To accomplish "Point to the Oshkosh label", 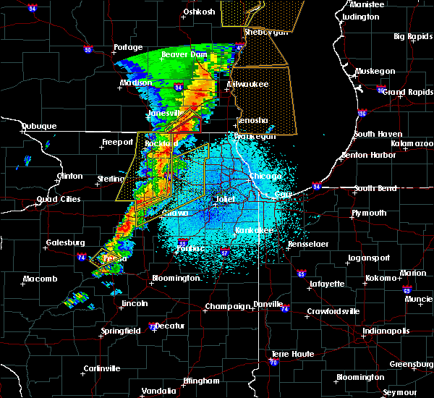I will (200, 12).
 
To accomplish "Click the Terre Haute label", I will (286, 354).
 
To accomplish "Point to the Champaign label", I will (226, 307).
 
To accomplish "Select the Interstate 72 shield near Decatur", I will (150, 326).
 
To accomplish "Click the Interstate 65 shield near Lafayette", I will (301, 274).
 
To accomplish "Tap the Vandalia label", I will (158, 391).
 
